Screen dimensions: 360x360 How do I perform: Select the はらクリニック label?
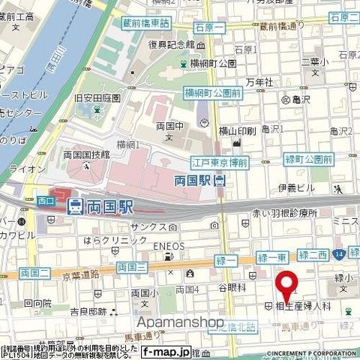(115, 240)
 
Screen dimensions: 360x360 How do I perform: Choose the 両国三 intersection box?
(130, 266)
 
